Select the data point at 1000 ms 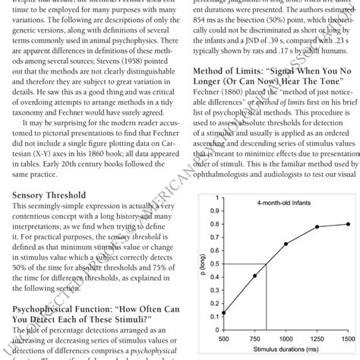286,244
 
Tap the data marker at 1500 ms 349,224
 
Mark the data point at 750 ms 255,276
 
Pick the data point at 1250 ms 317,227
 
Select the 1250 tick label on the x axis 317,338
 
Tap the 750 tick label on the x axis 255,338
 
